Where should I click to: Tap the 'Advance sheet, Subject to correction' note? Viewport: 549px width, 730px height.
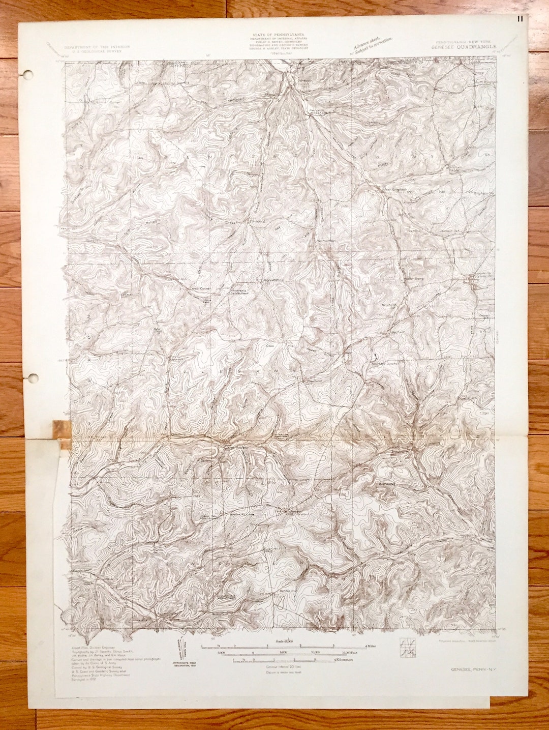(x=373, y=45)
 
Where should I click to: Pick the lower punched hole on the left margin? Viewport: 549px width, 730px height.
(x=33, y=378)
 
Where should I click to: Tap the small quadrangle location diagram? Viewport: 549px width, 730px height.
(x=408, y=646)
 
